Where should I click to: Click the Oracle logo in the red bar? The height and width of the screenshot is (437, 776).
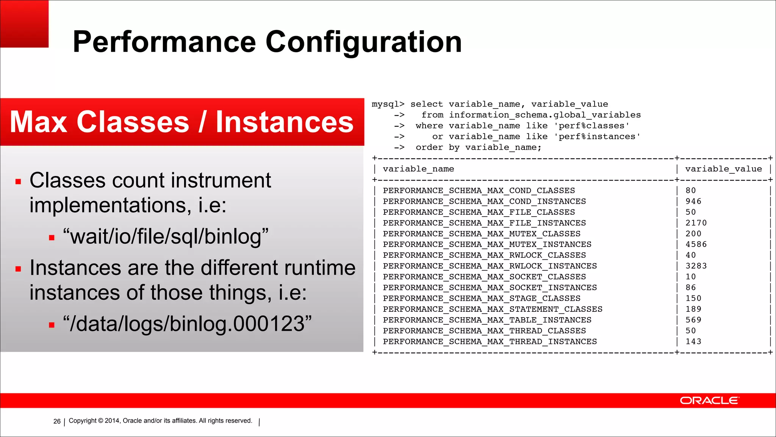pos(709,401)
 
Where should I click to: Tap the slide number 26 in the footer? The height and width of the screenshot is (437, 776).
pos(57,421)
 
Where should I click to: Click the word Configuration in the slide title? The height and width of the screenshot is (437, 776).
pos(363,42)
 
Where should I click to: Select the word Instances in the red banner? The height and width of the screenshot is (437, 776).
pos(285,122)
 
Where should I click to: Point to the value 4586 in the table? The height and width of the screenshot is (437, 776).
pos(696,245)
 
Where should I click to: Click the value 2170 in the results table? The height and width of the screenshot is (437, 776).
pos(696,223)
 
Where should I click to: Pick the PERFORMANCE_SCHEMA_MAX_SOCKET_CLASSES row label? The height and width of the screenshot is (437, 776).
pos(484,277)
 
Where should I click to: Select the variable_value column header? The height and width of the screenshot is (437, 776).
pos(723,169)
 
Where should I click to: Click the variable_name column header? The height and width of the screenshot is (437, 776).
pos(418,169)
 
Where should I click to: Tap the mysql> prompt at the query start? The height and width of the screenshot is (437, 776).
pos(388,104)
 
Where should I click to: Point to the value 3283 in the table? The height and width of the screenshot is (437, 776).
pos(696,266)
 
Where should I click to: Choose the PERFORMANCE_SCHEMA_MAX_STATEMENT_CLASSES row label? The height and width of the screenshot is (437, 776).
pos(493,310)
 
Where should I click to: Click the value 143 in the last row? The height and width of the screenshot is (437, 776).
pos(693,342)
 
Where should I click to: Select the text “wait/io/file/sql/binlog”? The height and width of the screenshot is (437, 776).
pos(166,236)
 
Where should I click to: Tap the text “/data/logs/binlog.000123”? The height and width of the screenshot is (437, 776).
pos(187,324)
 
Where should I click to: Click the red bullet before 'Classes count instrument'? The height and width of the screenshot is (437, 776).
pos(18,182)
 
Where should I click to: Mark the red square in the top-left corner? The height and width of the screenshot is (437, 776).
pos(24,24)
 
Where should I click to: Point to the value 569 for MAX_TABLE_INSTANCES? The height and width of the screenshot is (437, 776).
pos(693,320)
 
